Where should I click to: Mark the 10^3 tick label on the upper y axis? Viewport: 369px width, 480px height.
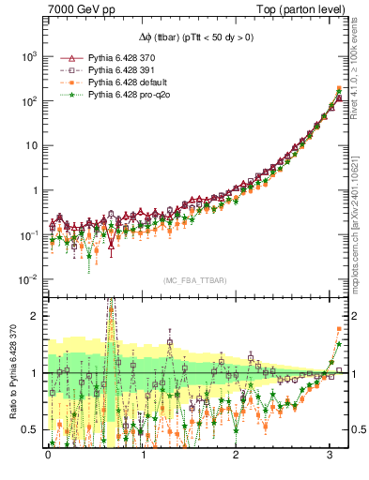pos(29,56)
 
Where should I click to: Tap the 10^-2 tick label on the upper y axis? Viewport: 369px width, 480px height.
pos(29,279)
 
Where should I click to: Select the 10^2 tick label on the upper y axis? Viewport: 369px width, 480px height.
pos(29,101)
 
